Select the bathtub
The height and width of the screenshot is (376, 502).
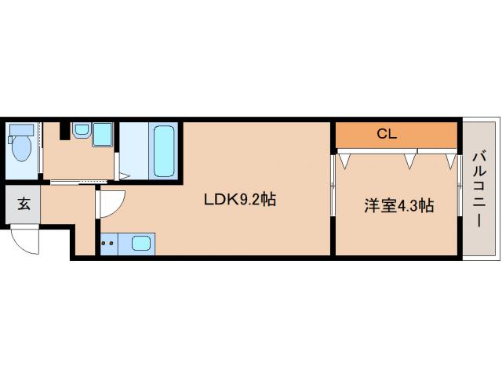point(163,150)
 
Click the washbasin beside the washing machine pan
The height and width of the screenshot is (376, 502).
point(81,130)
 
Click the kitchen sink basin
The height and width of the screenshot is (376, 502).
point(141,243)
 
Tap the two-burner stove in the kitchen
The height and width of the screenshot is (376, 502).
point(108,243)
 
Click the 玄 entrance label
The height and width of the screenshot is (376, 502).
point(24,204)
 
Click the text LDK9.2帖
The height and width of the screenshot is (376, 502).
point(239,199)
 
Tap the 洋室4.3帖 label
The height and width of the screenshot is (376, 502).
point(398,206)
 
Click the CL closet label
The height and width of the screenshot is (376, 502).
point(387,134)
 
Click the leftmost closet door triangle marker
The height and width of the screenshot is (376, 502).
point(344,161)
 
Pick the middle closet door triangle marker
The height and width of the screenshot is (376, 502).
point(408,161)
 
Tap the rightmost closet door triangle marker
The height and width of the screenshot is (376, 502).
point(449,161)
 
